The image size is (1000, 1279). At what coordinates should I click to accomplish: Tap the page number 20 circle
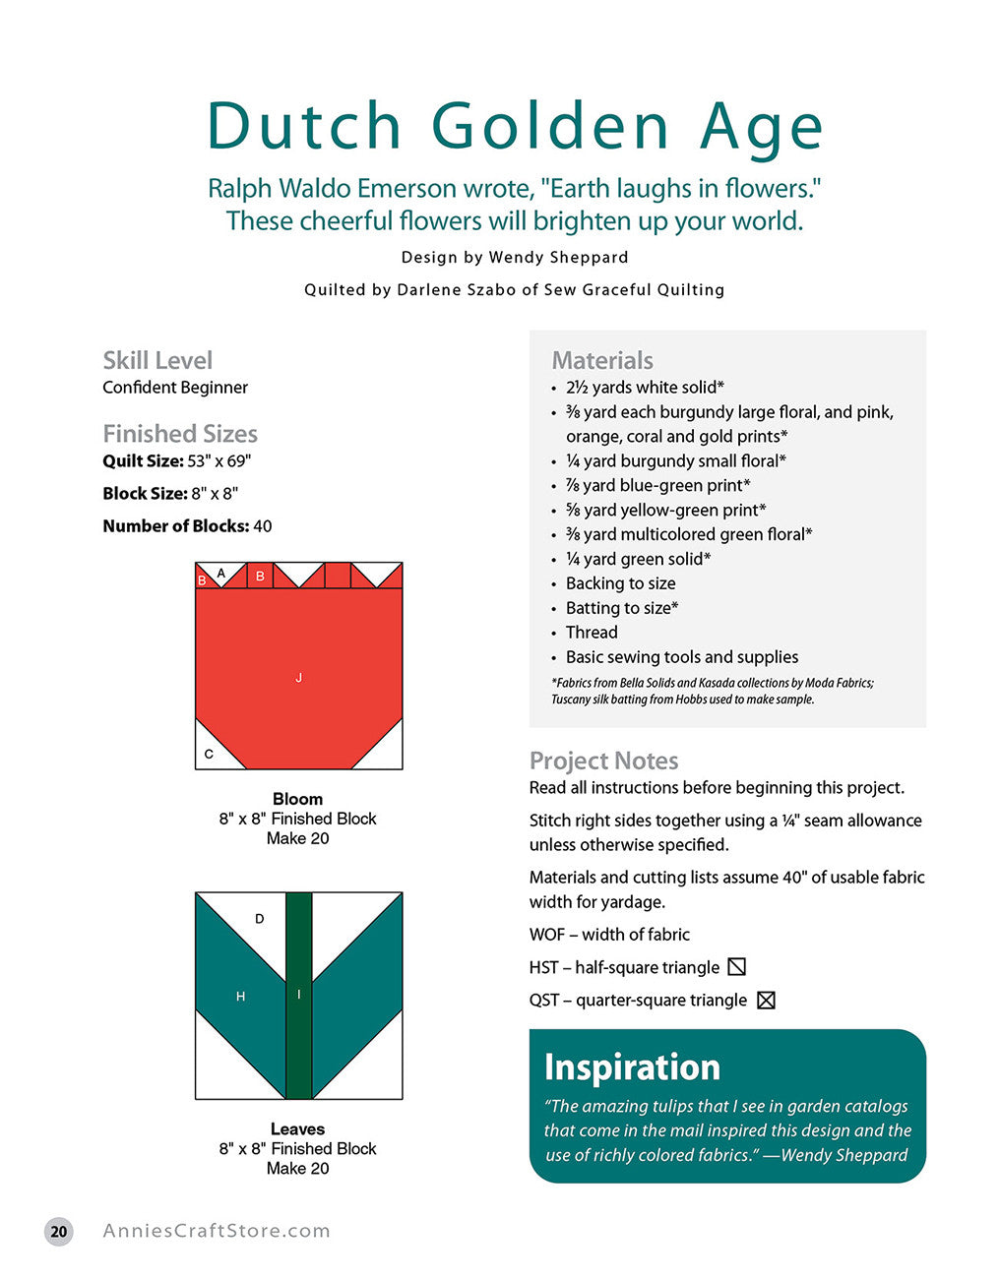[x=59, y=1231]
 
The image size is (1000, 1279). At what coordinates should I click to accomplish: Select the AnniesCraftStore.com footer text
[x=217, y=1231]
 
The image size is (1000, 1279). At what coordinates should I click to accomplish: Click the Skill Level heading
[x=157, y=360]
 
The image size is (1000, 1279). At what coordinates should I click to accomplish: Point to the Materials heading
[x=602, y=360]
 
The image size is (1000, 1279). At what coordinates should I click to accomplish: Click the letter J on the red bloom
[x=298, y=677]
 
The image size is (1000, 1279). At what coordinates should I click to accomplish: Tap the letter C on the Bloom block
[x=209, y=755]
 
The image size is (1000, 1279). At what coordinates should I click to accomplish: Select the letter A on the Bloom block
[x=220, y=573]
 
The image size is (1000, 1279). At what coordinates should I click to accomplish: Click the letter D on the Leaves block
[x=260, y=919]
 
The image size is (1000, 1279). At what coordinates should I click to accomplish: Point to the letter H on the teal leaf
[x=240, y=997]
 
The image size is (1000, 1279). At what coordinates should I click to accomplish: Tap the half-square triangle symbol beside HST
[x=736, y=967]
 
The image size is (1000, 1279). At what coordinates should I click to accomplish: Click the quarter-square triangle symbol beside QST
[x=766, y=1000]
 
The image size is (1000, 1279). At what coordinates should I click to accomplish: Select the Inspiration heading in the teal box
[x=632, y=1067]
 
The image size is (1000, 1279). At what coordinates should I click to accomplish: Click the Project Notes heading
[x=603, y=761]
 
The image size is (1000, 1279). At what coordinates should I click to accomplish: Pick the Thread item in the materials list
[x=592, y=633]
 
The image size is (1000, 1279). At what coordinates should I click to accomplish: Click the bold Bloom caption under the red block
[x=297, y=799]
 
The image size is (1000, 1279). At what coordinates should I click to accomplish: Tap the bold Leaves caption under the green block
[x=297, y=1129]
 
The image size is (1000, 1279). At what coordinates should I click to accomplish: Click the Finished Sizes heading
[x=180, y=434]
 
